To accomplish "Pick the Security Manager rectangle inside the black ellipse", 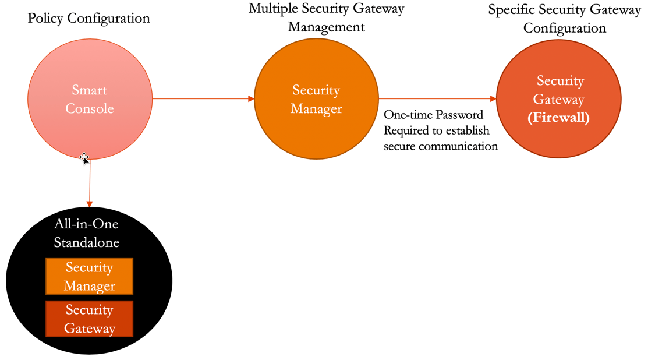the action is click(x=89, y=277).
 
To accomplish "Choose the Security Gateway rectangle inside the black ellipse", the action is click(x=89, y=319).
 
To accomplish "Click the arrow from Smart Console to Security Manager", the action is click(x=203, y=99).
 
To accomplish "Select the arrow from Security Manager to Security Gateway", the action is click(x=437, y=99).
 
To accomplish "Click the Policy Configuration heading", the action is click(x=89, y=18).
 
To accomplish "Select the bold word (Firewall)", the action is click(x=558, y=118).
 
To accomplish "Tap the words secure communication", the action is click(x=441, y=146).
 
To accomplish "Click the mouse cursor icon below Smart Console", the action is click(x=84, y=158).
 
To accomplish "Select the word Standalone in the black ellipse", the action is click(x=86, y=242).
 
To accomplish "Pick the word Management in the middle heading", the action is click(x=327, y=27).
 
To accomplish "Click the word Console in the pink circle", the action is click(x=90, y=108).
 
